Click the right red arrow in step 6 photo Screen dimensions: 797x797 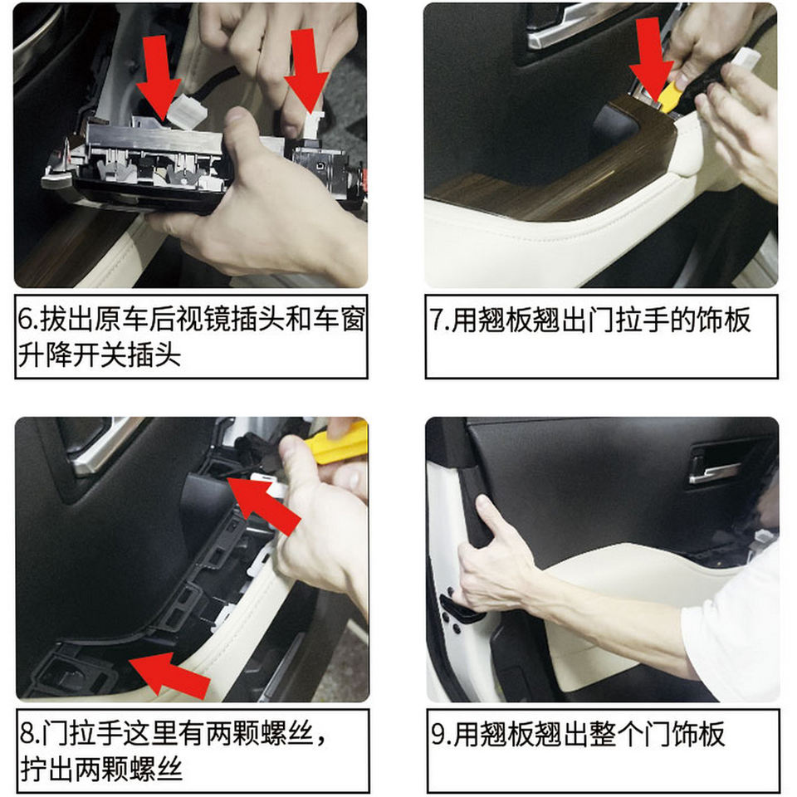pyautogui.click(x=306, y=69)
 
